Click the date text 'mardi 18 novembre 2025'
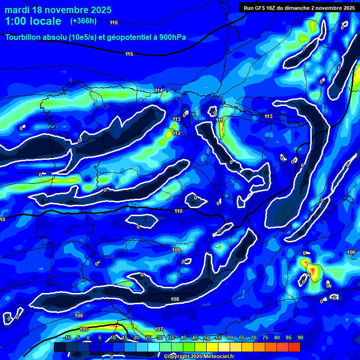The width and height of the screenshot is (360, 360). pos(58,10)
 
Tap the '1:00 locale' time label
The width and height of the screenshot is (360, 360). pos(33,22)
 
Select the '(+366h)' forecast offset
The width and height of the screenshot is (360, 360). pos(83,21)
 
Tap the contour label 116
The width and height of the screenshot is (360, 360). pos(114,22)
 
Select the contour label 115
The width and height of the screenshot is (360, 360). pos(129,54)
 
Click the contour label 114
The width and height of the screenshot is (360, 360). pos(159,90)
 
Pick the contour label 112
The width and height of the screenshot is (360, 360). pos(176,134)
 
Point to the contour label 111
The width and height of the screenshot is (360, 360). pos(220,120)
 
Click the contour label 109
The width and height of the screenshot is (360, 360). pos(176,250)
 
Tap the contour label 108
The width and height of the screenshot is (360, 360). pos(175,299)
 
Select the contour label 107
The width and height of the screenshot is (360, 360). pos(159,329)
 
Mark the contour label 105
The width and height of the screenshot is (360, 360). pos(84,329)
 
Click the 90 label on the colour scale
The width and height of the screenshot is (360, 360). pos(300,337)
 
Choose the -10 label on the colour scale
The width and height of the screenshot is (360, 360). pos(67,337)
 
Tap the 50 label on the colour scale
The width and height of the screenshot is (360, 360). pos(206,337)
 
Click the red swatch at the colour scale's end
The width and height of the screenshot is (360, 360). pos(294,347)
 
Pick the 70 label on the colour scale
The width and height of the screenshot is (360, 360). pos(253,337)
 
